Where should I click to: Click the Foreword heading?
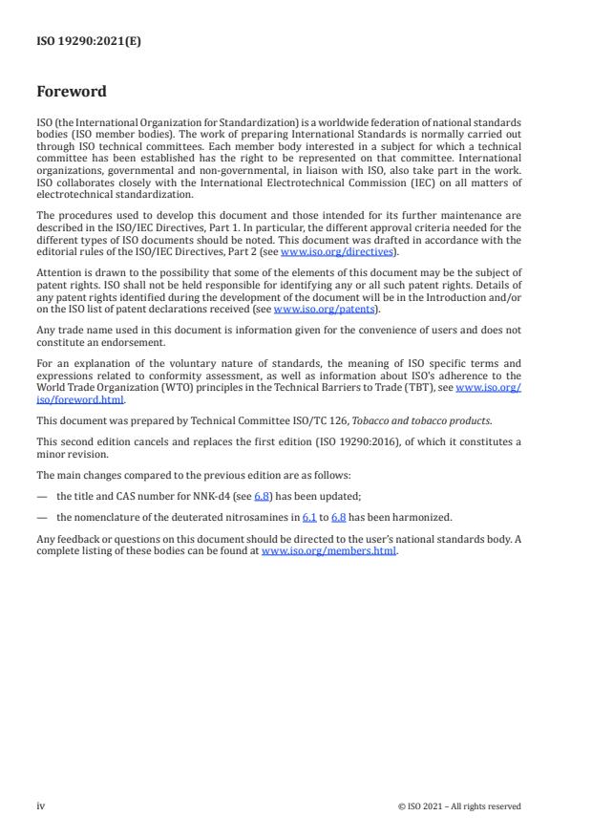tap(72, 92)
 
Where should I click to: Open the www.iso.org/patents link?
tap(311, 283)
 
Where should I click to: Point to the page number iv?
tap(40, 805)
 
